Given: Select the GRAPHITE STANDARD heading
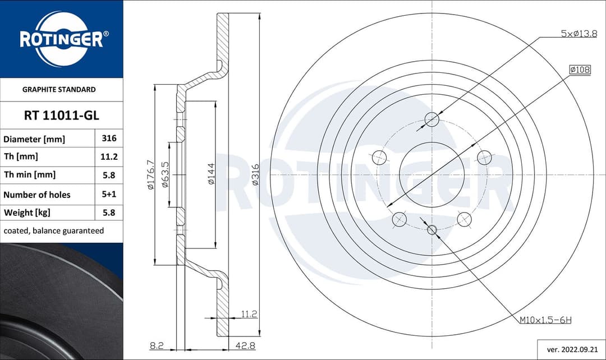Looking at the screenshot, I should pyautogui.click(x=59, y=89).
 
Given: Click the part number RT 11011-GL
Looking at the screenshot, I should pyautogui.click(x=61, y=116).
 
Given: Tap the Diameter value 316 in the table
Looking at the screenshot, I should pyautogui.click(x=109, y=138).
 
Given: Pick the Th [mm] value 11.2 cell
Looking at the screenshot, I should pyautogui.click(x=109, y=156).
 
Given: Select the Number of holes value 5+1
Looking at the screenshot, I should pyautogui.click(x=109, y=194).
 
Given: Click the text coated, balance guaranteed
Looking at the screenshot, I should pyautogui.click(x=54, y=230).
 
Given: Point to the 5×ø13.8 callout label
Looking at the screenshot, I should pyautogui.click(x=579, y=34).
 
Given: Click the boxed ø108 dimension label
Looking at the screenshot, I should pyautogui.click(x=580, y=70).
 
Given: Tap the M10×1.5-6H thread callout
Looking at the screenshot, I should pyautogui.click(x=545, y=320).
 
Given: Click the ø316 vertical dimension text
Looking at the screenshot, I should pyautogui.click(x=255, y=175).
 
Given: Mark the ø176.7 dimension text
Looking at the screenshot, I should pyautogui.click(x=150, y=174).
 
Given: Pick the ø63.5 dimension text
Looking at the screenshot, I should pyautogui.click(x=166, y=174).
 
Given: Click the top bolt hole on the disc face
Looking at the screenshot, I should pyautogui.click(x=432, y=119).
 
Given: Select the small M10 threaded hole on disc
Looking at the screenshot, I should pyautogui.click(x=431, y=229).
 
